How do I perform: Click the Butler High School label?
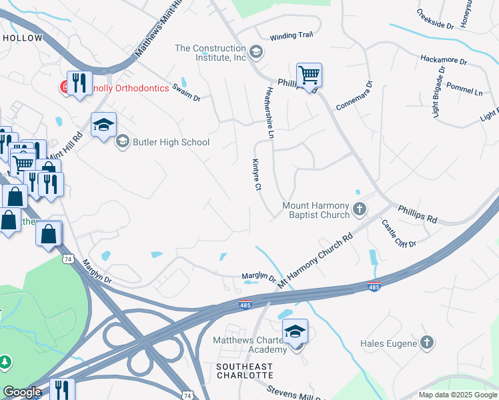coord(171,142)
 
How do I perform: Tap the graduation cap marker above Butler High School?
coord(103,125)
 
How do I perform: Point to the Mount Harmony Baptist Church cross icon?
coord(360,210)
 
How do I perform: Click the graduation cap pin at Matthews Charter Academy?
coord(295,331)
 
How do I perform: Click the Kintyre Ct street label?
coord(256,175)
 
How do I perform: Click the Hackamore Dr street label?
coord(444,60)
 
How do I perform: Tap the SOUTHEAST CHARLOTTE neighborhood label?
coord(244,371)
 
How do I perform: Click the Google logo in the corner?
coord(22,392)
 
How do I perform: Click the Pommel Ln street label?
coord(464,89)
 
